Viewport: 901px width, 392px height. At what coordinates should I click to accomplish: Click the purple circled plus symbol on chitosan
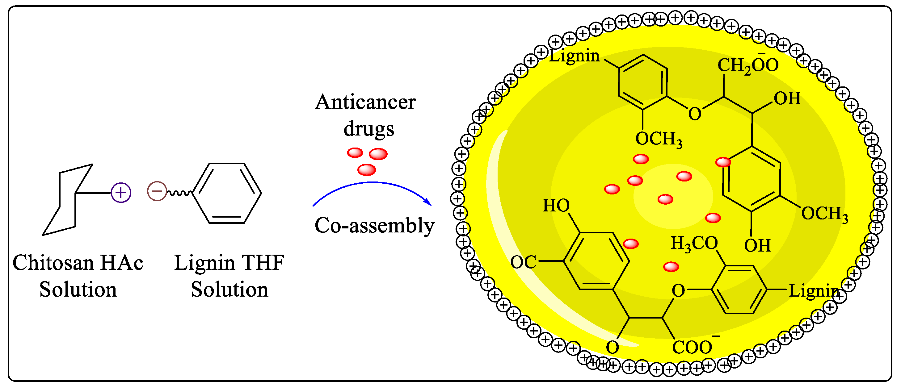pos(121,193)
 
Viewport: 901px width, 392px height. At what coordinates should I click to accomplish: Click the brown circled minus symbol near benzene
pos(157,191)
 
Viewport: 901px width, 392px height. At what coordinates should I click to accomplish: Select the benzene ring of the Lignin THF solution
pos(227,193)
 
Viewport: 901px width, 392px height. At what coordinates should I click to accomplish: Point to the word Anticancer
pos(365,102)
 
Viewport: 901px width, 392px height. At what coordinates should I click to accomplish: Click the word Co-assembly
pos(374,225)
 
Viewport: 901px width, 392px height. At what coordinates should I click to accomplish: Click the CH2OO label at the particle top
pos(748,65)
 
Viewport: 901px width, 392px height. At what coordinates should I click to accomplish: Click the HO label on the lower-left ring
pos(556,206)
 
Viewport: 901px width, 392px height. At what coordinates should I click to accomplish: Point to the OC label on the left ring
pos(523,262)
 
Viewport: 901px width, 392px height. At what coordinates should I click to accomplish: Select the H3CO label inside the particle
pos(694,243)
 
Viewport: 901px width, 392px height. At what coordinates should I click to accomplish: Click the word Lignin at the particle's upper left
pos(574,56)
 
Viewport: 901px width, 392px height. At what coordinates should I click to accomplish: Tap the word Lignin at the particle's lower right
pos(814,291)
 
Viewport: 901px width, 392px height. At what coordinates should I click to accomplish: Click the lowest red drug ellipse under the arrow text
pos(367,170)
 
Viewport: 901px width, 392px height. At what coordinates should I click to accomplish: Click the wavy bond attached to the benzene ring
pos(179,193)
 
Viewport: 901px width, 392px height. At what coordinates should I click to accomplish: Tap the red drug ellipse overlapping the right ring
pos(723,162)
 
